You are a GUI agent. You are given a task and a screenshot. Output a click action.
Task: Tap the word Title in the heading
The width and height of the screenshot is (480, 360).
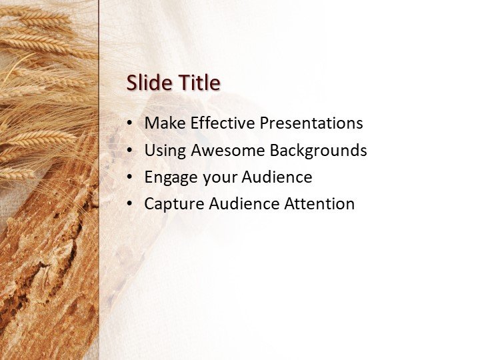click(198, 83)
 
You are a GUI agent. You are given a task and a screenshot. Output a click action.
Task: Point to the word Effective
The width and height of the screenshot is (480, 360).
click(223, 123)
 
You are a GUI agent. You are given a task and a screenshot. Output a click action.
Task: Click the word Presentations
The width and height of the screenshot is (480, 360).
click(311, 123)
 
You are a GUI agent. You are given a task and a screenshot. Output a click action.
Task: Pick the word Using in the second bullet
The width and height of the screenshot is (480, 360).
click(165, 151)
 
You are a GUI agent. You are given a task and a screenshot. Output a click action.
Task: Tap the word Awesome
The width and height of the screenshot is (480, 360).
click(228, 151)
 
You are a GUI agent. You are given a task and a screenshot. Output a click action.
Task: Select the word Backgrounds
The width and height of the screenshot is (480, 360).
click(318, 151)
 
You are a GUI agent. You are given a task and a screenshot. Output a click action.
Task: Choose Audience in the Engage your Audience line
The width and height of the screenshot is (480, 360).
click(277, 177)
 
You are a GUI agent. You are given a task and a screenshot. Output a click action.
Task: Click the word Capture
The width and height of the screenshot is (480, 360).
click(171, 204)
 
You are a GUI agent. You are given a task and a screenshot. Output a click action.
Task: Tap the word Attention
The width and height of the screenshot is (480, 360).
click(319, 204)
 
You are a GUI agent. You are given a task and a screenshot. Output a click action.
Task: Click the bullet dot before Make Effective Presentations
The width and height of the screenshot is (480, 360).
click(129, 123)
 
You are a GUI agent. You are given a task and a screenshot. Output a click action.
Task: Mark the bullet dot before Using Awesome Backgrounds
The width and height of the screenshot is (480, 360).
click(129, 151)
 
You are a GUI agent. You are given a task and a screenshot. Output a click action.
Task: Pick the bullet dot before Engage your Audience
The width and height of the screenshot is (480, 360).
click(129, 177)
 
